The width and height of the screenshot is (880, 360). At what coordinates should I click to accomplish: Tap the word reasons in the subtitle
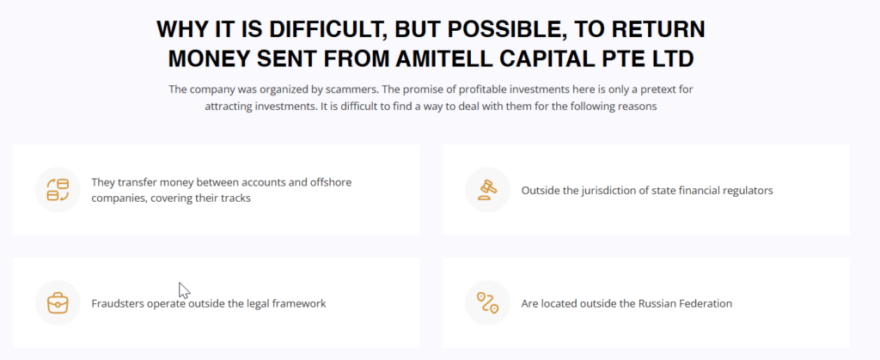[638, 107]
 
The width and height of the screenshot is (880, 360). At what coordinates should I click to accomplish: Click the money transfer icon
[58, 190]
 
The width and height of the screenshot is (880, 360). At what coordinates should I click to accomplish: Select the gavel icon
[487, 190]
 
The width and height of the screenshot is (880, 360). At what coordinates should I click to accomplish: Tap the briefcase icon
[58, 302]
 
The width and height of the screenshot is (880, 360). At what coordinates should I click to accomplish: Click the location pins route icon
[487, 302]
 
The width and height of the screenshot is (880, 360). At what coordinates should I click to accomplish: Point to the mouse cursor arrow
[184, 290]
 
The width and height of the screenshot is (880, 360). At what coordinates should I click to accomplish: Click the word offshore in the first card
[332, 182]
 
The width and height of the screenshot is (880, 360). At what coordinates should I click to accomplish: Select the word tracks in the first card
[235, 198]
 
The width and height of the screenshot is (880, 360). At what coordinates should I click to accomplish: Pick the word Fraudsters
[118, 304]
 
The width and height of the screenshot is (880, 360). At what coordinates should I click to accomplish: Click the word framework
[300, 304]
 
